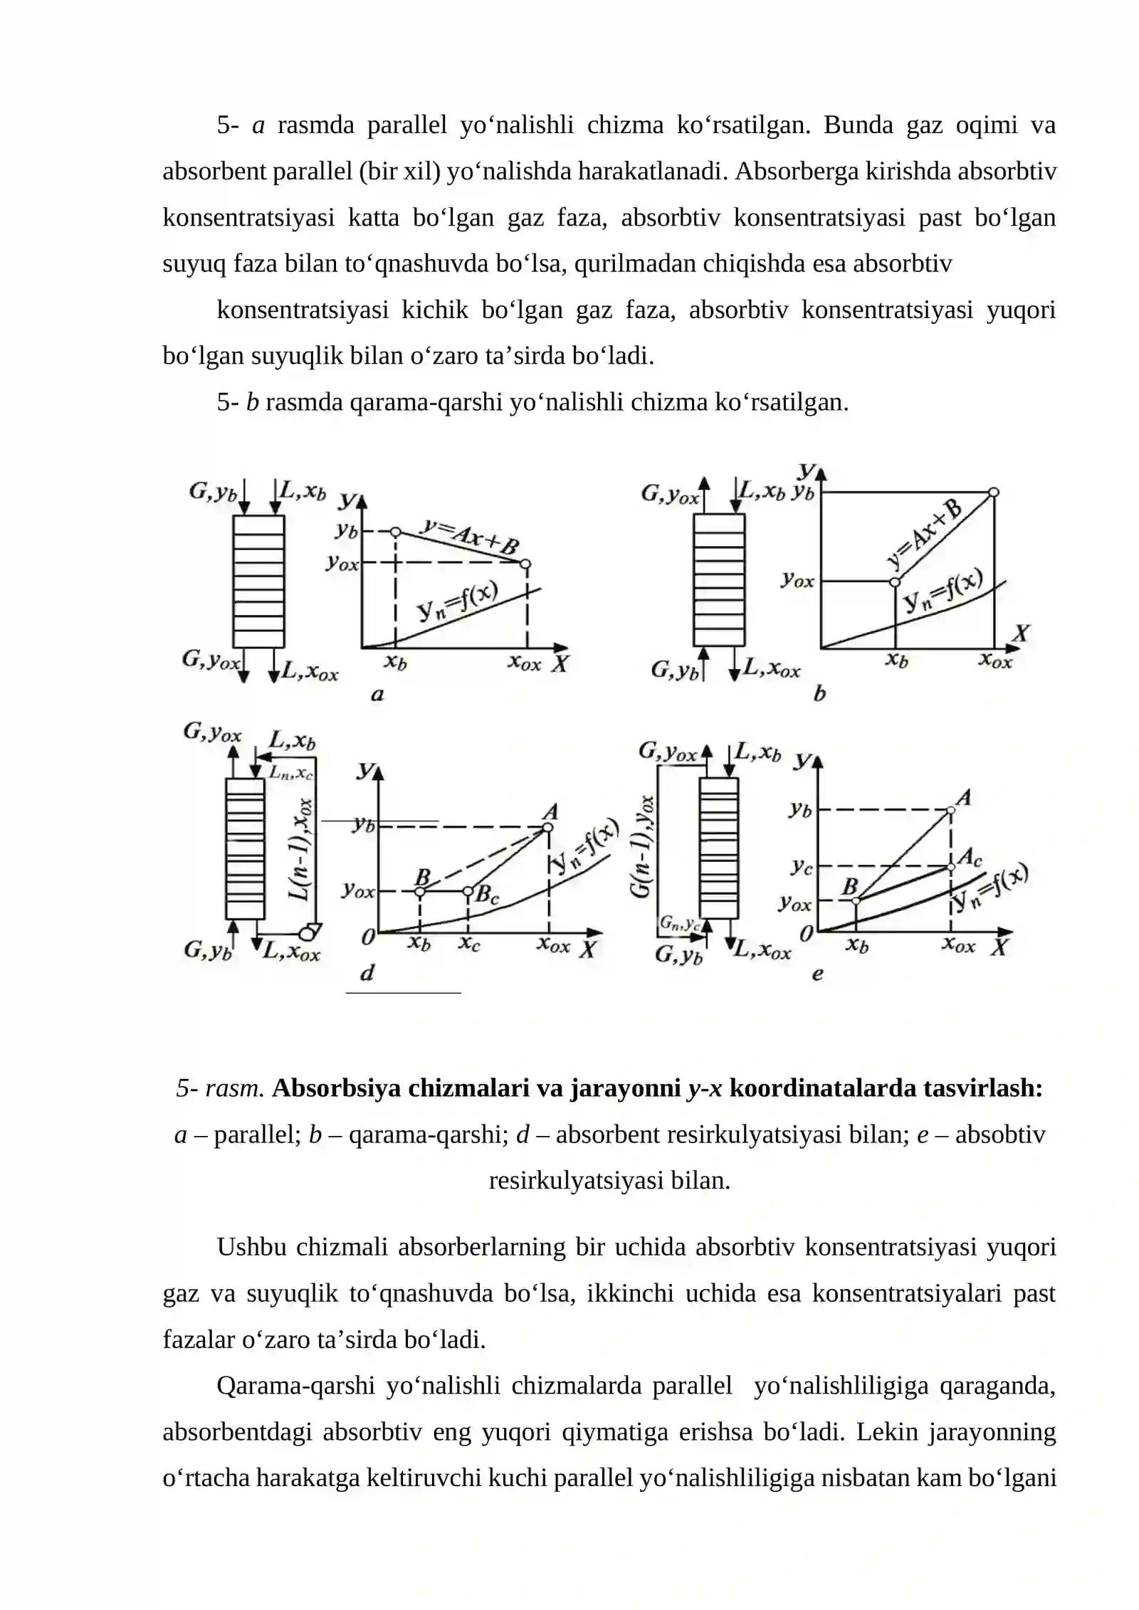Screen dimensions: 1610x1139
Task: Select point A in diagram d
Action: coord(547,827)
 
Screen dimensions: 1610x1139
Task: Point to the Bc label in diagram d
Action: coord(487,894)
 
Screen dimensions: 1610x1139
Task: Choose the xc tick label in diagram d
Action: coord(468,945)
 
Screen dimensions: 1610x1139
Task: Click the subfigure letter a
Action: coord(377,694)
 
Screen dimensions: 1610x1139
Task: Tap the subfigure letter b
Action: coord(819,693)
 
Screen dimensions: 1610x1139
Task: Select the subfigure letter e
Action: coord(817,973)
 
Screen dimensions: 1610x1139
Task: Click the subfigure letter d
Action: coord(367,972)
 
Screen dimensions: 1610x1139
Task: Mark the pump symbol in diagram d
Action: coord(309,932)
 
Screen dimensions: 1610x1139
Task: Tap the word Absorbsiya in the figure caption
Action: coord(336,1088)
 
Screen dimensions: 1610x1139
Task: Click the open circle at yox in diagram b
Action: coord(895,582)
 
